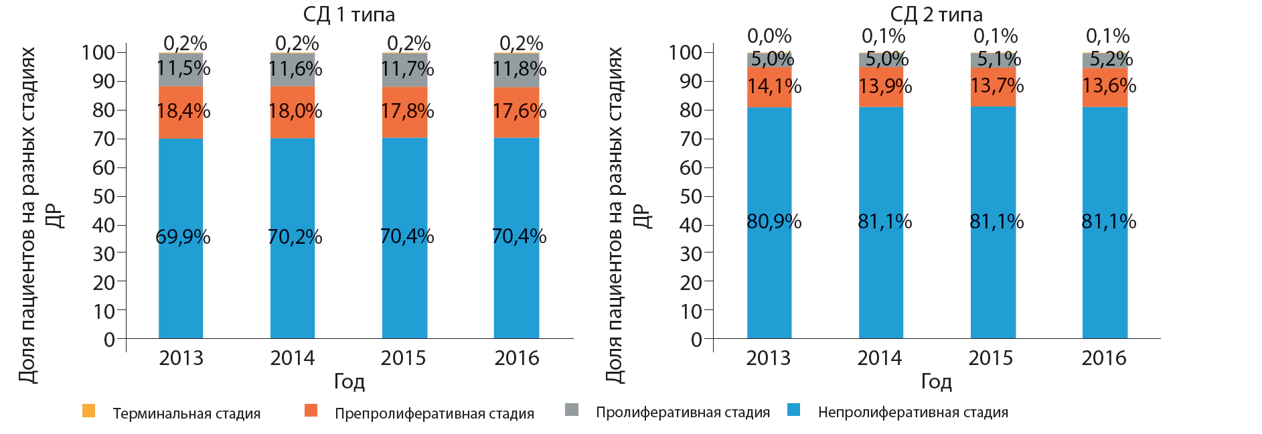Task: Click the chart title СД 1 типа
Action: tap(349, 14)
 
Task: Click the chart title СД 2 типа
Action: tap(936, 14)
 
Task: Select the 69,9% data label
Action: tap(183, 237)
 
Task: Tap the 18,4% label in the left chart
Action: tap(183, 111)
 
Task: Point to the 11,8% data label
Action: tap(520, 69)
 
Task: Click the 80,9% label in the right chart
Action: tap(774, 222)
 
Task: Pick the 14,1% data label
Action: tap(774, 86)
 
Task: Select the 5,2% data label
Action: tap(1111, 60)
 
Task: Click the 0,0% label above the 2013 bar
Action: tap(769, 36)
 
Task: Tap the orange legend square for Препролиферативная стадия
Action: tap(311, 411)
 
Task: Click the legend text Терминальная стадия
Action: tap(187, 414)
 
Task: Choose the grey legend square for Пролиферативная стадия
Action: tap(572, 410)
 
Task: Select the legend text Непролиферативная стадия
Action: tap(913, 413)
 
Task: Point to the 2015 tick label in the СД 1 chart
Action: tap(404, 358)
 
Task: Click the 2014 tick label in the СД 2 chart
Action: tap(880, 358)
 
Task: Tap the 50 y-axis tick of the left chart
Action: tap(104, 197)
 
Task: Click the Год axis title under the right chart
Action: tap(936, 382)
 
